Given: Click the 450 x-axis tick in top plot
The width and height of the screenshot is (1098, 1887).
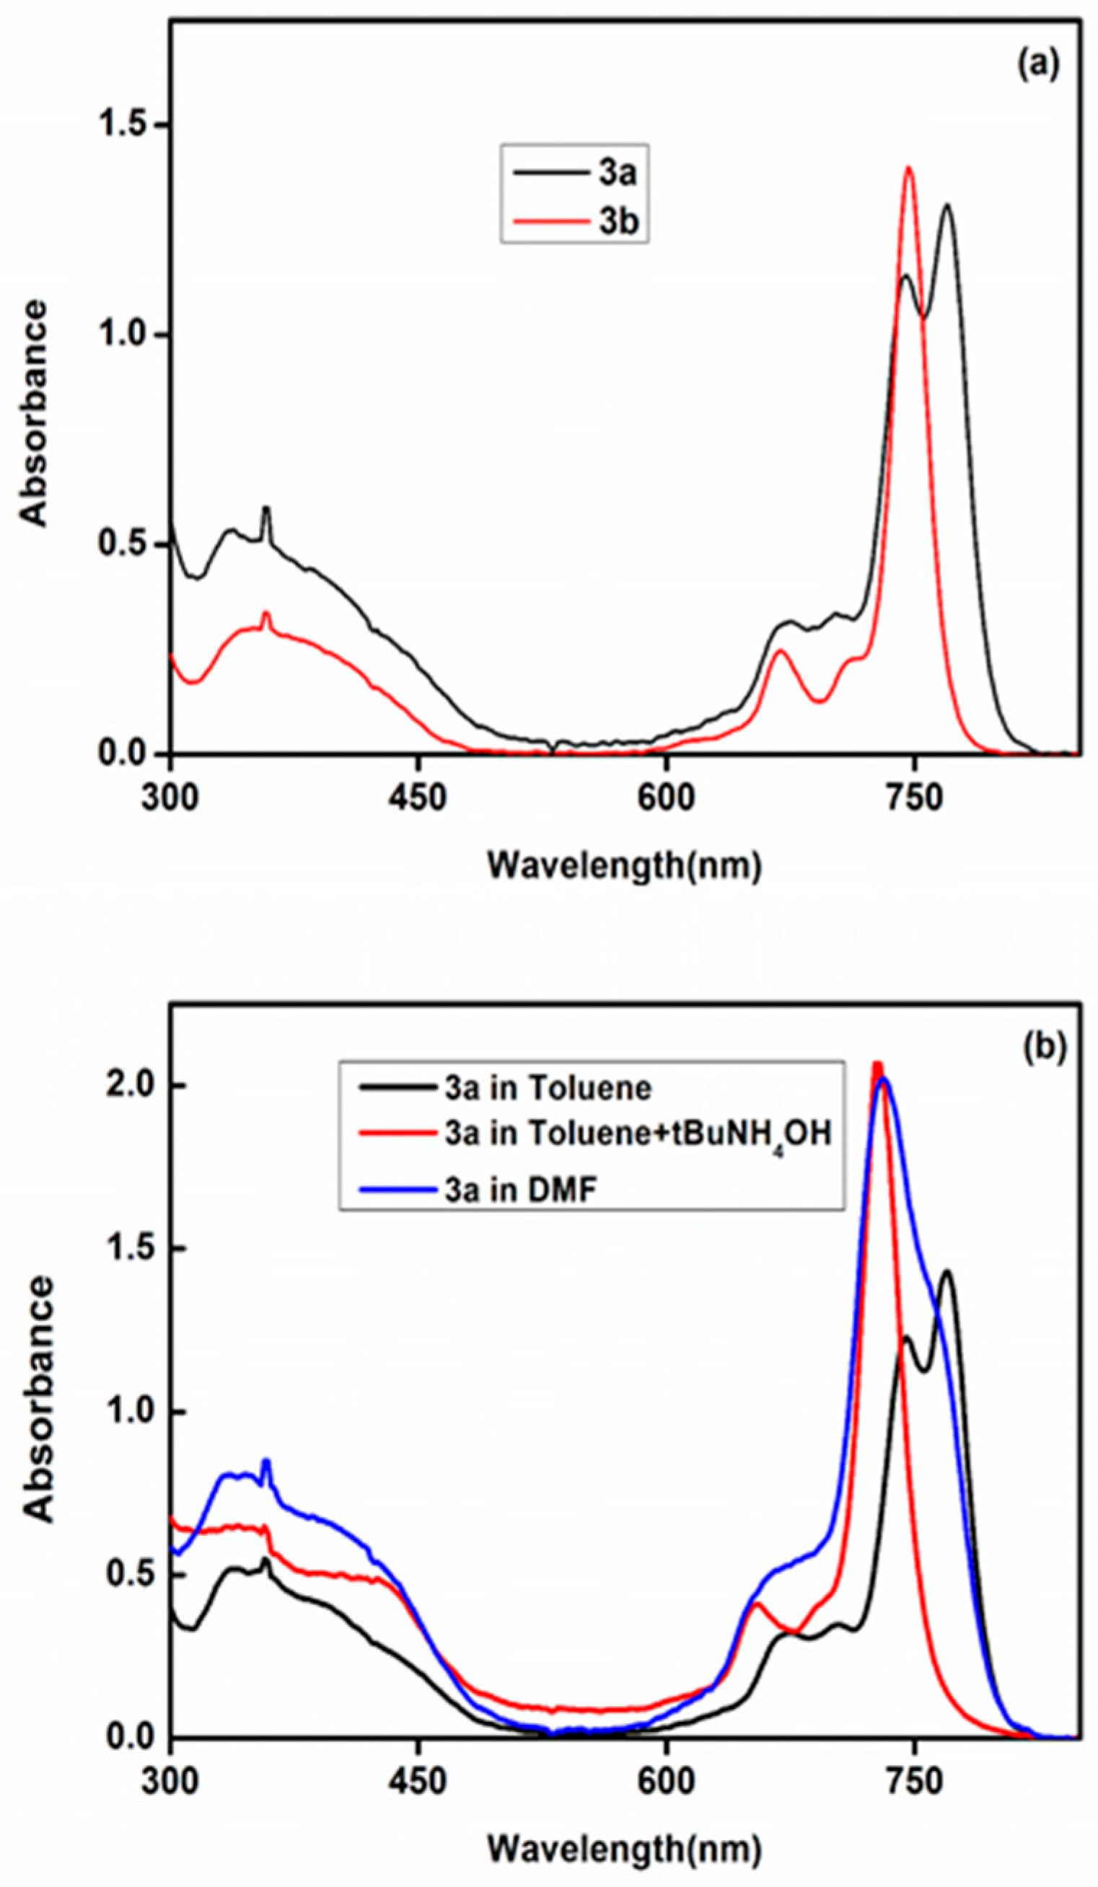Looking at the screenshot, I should [x=418, y=799].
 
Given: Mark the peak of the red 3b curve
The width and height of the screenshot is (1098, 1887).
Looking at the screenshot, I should [x=909, y=169].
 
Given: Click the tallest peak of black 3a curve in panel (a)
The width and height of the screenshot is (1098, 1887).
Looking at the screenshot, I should [x=947, y=206].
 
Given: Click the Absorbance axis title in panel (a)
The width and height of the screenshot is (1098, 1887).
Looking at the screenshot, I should [x=34, y=413].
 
